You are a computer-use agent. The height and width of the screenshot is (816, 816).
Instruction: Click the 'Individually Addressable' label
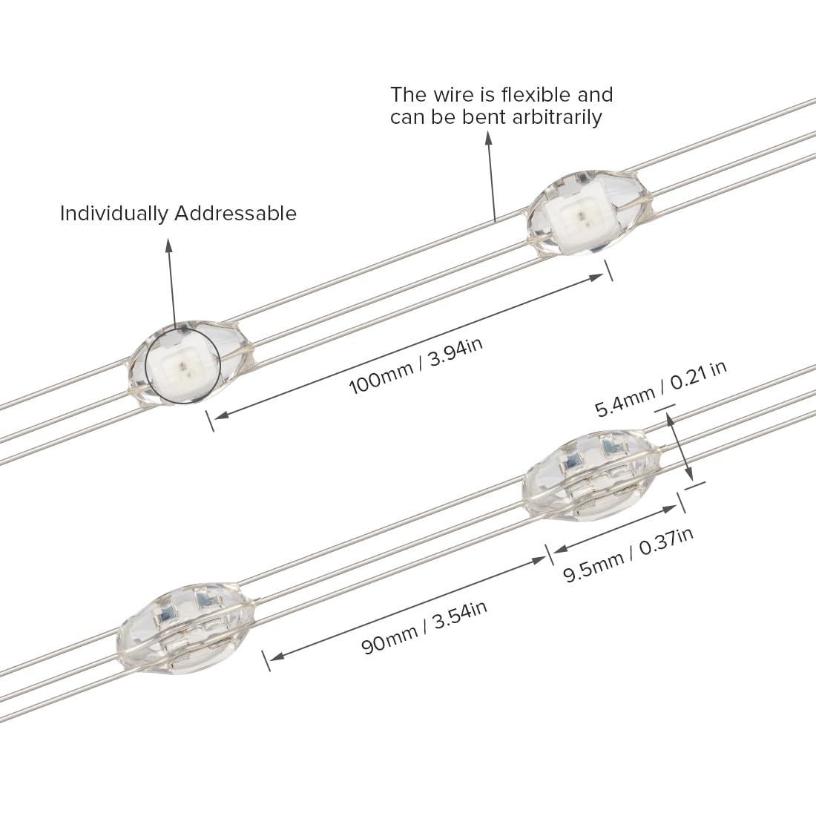coord(178,214)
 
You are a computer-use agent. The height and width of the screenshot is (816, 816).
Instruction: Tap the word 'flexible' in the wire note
coord(532,95)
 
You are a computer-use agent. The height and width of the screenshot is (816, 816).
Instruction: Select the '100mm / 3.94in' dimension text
coord(416,366)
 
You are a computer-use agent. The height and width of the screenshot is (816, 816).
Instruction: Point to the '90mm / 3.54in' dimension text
coord(424,628)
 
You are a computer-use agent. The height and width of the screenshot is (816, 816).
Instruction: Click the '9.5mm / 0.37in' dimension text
coord(628,556)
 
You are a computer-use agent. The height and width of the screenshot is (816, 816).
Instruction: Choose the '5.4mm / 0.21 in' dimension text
coord(661,389)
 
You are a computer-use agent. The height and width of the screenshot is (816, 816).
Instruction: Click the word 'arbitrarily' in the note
coord(557,117)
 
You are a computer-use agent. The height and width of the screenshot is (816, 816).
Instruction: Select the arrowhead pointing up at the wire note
coord(488,137)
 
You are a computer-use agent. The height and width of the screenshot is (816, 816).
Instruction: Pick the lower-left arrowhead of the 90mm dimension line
coord(277,657)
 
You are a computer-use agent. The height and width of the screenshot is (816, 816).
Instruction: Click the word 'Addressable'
coord(235,214)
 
